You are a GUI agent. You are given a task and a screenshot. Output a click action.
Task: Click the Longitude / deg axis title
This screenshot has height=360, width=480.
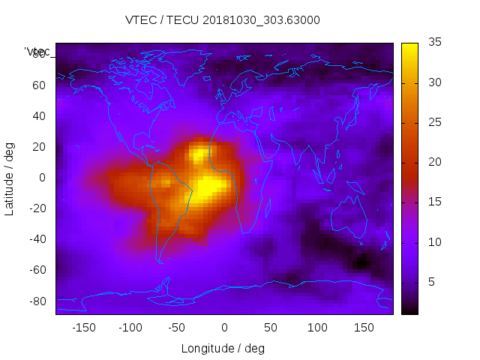[223, 348]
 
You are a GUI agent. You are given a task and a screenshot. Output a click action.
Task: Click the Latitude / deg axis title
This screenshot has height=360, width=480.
[10, 178]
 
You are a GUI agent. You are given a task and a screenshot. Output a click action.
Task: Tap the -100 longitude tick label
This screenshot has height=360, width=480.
[130, 328]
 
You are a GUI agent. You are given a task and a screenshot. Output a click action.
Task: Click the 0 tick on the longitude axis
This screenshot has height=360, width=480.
[224, 328]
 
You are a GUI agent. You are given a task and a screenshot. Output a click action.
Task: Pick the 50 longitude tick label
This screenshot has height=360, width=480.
[271, 328]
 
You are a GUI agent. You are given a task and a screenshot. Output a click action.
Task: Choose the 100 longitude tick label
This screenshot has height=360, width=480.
[317, 328]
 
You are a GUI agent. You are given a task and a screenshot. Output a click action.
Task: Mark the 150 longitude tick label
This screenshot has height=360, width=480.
[364, 328]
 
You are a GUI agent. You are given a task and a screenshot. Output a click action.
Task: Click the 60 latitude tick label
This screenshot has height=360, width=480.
[39, 85]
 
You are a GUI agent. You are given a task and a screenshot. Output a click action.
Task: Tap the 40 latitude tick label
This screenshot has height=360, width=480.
[39, 115]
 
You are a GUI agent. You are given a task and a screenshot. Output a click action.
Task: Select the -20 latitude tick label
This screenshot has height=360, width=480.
[37, 208]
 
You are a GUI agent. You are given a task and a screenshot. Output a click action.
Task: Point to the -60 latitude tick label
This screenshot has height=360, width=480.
[37, 270]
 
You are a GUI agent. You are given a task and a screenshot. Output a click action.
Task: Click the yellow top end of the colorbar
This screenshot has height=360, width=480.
[409, 47]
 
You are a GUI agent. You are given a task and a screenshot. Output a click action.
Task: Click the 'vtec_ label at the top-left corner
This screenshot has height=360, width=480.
[37, 52]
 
